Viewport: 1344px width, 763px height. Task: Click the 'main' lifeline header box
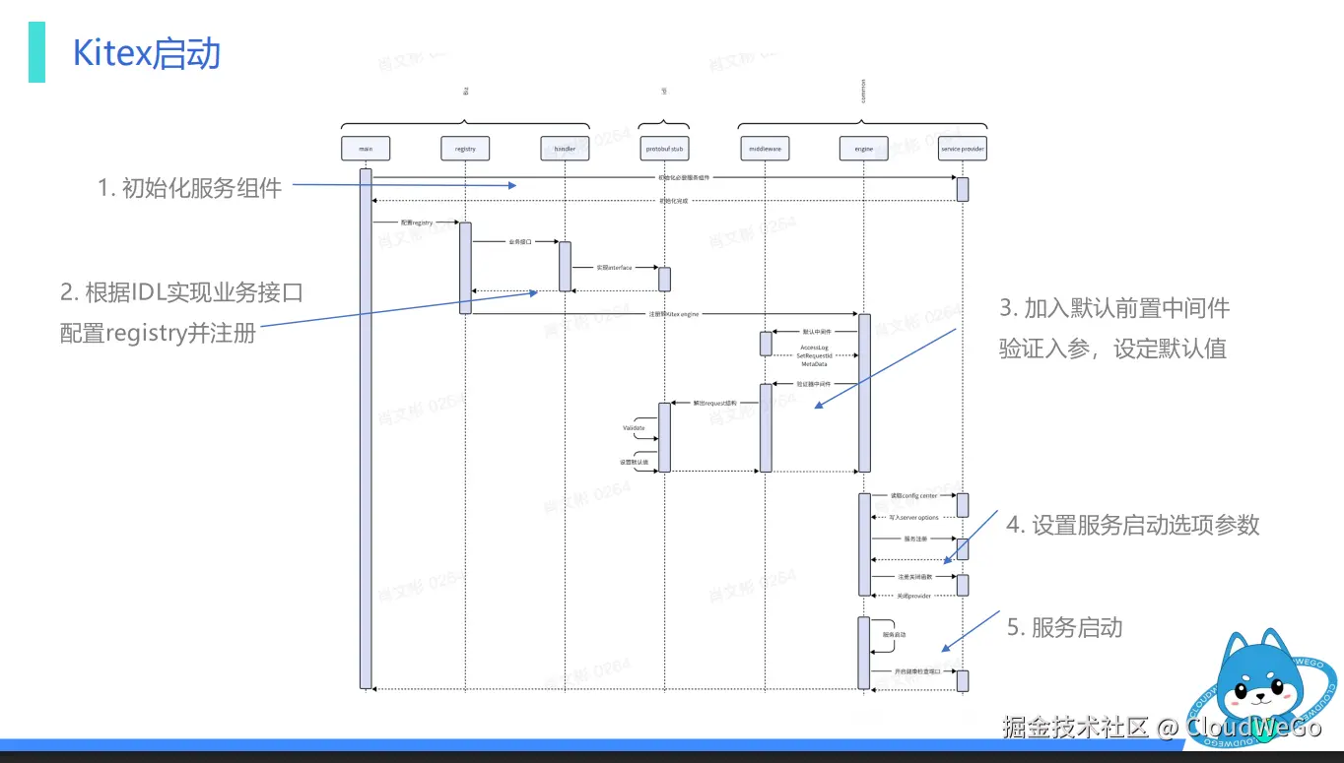366,149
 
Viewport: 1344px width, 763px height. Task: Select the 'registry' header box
465,149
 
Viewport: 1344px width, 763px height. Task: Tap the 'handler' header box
565,149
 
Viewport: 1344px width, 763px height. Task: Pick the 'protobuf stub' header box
664,149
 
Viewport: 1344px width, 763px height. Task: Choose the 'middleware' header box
765,149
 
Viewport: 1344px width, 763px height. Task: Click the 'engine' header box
864,149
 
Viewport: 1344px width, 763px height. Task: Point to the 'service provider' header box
963,149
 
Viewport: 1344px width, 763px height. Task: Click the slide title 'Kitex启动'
147,54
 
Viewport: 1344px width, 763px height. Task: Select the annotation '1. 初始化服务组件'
189,187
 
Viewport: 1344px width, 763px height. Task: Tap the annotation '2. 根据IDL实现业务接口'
181,292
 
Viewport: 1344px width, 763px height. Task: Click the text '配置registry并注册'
159,333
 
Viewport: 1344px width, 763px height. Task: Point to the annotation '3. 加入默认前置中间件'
1114,307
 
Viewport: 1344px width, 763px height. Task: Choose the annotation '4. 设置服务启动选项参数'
1132,525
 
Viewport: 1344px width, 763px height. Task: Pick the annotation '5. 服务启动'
1064,627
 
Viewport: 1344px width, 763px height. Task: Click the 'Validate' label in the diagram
634,428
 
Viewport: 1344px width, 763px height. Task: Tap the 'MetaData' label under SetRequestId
814,364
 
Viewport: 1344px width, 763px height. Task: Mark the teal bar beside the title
36,52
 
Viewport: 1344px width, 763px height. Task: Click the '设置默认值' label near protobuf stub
634,462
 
